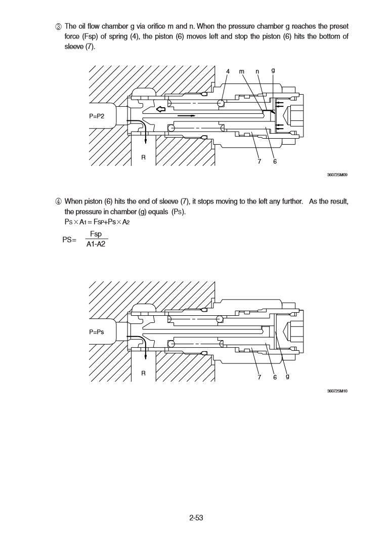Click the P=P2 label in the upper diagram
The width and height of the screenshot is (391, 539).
coord(97,116)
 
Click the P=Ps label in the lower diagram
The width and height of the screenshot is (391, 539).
coord(97,332)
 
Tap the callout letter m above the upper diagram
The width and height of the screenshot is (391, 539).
coord(242,71)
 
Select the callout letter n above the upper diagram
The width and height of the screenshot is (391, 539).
coord(257,71)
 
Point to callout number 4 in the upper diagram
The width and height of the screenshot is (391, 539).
coord(228,71)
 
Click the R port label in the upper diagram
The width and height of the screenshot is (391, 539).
coord(144,157)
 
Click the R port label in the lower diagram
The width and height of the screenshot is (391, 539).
coord(144,374)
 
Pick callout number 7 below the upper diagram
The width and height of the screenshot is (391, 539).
coord(259,161)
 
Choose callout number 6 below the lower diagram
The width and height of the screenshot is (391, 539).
coord(275,377)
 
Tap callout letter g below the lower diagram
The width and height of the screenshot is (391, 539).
coord(288,376)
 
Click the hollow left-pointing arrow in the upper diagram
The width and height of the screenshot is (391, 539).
coord(161,109)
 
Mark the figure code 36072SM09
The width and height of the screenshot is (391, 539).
coord(337,175)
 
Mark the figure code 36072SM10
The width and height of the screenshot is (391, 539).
coord(337,391)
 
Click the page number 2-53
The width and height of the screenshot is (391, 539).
coord(196,518)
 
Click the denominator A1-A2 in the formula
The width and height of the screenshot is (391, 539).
coord(96,244)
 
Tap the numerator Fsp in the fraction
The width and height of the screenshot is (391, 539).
coord(96,234)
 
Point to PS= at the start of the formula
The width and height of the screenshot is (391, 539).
coord(69,239)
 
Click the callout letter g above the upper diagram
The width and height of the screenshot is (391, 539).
coord(273,70)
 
